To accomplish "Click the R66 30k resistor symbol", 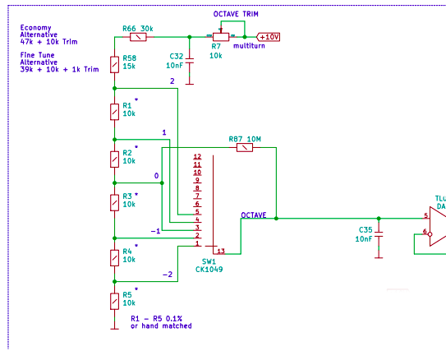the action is coord(138,37).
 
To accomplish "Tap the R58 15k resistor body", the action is coord(115,65).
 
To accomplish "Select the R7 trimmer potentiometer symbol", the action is coord(221,36).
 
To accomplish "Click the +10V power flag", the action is coord(268,37).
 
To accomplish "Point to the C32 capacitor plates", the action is coord(190,61).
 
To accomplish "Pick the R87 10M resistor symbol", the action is coord(245,147).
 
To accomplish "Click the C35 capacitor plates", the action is coord(379,234).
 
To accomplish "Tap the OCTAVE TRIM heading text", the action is coord(236,14).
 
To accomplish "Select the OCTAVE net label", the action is coord(254,215).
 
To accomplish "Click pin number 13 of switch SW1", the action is coord(221,251).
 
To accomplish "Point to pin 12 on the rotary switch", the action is coord(197,156).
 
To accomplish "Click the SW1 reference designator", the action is coord(209,261).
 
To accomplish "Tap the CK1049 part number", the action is coord(209,270).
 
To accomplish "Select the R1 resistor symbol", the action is coord(115,112).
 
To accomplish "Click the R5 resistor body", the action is coord(115,302).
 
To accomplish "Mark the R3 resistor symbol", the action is coord(115,203).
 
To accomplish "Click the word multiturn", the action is coord(249,46).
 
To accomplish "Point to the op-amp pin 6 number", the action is coord(425,231).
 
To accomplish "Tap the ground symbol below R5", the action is coord(115,329).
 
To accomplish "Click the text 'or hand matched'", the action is coord(161,325).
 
